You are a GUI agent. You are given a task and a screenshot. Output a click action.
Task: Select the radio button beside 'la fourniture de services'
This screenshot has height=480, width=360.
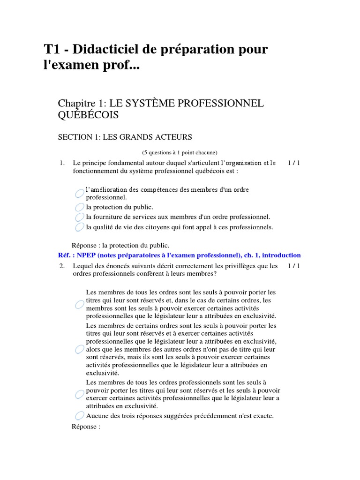[80, 217]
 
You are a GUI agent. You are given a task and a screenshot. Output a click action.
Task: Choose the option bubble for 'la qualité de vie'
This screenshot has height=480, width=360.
[80, 227]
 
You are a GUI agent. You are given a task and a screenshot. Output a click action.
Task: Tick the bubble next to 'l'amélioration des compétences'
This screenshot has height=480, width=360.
[80, 193]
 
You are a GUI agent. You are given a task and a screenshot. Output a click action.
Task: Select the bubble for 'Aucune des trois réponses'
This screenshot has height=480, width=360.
[80, 416]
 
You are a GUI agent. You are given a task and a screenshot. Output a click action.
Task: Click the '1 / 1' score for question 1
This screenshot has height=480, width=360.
[293, 163]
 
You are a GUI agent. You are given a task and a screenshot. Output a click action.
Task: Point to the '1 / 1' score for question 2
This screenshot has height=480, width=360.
[293, 266]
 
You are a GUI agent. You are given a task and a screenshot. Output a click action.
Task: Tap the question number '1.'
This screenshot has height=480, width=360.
[61, 163]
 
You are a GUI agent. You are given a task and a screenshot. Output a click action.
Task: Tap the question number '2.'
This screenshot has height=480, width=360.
[61, 266]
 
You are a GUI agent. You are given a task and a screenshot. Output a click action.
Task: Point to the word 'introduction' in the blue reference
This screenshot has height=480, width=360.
[282, 255]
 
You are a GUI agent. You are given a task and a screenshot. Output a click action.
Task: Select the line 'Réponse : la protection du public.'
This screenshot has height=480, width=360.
[120, 245]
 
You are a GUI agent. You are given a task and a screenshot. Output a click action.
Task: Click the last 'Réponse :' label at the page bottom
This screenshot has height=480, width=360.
[86, 427]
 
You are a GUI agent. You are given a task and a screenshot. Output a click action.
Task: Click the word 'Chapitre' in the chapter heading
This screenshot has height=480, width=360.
[77, 103]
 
